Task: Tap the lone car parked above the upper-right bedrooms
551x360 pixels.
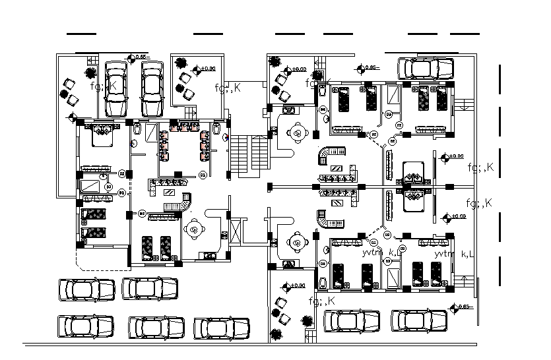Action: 426,68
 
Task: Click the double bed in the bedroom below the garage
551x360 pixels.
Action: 102,134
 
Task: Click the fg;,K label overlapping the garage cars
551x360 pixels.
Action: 104,86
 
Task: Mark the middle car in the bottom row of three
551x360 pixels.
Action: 156,327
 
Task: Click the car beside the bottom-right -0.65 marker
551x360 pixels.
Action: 420,321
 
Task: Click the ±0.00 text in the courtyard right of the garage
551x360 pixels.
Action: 209,69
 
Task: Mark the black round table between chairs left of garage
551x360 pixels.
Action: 68,90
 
